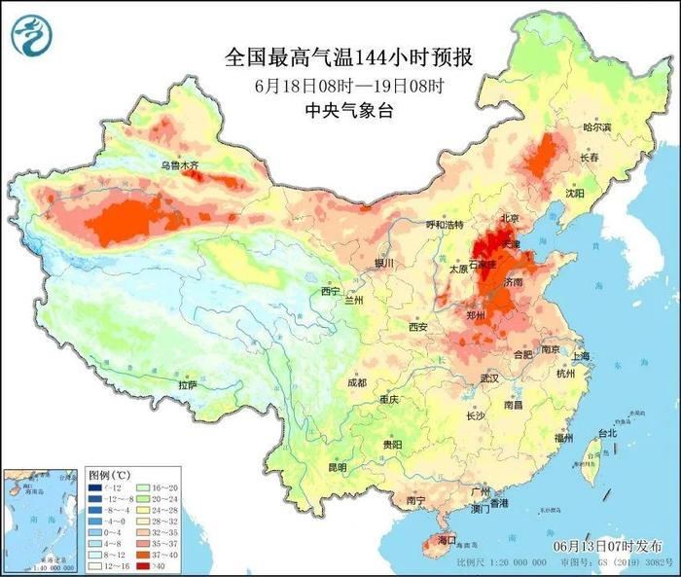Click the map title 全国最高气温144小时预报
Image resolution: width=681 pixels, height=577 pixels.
pyautogui.click(x=340, y=56)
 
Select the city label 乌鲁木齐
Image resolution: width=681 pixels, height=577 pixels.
pyautogui.click(x=180, y=166)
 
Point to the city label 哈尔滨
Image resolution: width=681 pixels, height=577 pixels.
pyautogui.click(x=596, y=127)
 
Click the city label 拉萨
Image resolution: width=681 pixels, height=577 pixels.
pyautogui.click(x=187, y=385)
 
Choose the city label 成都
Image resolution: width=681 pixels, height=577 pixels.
pyautogui.click(x=357, y=382)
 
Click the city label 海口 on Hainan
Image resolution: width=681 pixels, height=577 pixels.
pyautogui.click(x=447, y=538)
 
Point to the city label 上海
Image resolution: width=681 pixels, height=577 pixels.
pyautogui.click(x=582, y=357)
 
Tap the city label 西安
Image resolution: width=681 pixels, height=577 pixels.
pyautogui.click(x=418, y=327)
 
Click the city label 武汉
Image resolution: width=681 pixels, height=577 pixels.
pyautogui.click(x=489, y=378)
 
